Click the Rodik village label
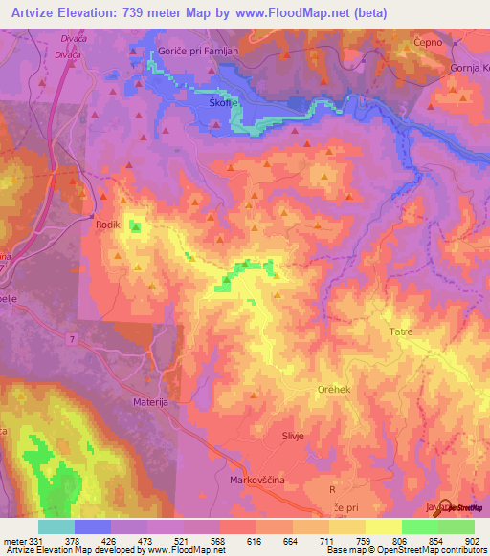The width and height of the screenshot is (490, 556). point(106,225)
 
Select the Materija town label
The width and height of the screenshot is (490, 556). point(150,404)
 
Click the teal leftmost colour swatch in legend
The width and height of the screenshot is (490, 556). point(56,526)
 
